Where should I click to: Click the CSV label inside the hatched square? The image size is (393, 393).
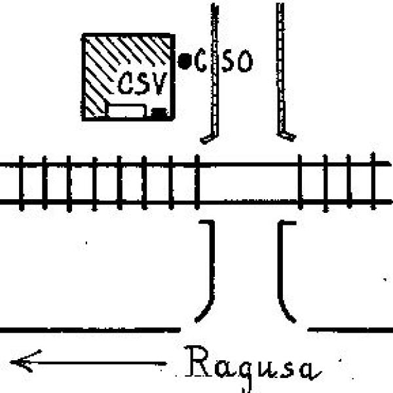[142, 83]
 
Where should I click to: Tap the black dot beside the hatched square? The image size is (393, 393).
[185, 61]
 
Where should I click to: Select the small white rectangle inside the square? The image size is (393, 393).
[126, 111]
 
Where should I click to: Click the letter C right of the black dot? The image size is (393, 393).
[200, 60]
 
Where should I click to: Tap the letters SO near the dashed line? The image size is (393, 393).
[238, 61]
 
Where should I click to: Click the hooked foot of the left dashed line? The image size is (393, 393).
[209, 138]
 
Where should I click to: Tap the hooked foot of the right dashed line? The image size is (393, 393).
[286, 136]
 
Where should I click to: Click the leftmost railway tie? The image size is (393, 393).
[22, 183]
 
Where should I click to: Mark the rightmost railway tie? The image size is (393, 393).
[373, 181]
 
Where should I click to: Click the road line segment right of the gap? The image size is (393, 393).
[350, 330]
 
